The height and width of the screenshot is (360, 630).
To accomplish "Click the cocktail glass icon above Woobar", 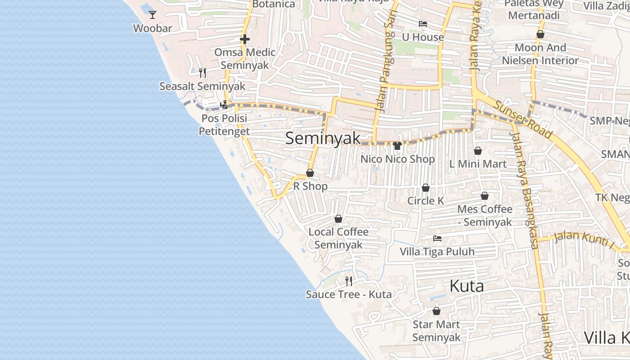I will (153, 14).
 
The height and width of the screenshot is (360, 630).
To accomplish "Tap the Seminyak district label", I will (323, 138).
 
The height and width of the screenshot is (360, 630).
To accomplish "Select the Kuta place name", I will (467, 286).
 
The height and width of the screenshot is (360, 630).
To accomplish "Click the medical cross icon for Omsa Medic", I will (245, 39).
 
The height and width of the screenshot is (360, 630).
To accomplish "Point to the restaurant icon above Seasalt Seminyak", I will (202, 72).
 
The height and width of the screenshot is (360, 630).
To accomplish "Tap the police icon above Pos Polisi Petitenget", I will (224, 105).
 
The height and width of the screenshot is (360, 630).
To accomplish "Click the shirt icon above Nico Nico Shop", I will (397, 145).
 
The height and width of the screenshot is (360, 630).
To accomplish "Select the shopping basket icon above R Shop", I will (310, 173).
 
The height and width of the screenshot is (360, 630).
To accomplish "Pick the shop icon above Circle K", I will (425, 187).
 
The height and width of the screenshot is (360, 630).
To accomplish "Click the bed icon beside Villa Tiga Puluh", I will (437, 238).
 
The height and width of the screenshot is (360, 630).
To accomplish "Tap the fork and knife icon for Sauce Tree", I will (349, 281).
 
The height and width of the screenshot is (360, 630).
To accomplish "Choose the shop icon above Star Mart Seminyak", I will (436, 310).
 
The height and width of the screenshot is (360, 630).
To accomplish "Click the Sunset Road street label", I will (523, 120).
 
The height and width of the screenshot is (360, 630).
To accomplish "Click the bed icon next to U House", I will (423, 24).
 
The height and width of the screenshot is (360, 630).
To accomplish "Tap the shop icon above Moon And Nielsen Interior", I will (540, 34).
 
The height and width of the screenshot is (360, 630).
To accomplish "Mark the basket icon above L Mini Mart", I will (477, 150).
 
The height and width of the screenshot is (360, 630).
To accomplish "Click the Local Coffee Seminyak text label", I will (338, 238).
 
